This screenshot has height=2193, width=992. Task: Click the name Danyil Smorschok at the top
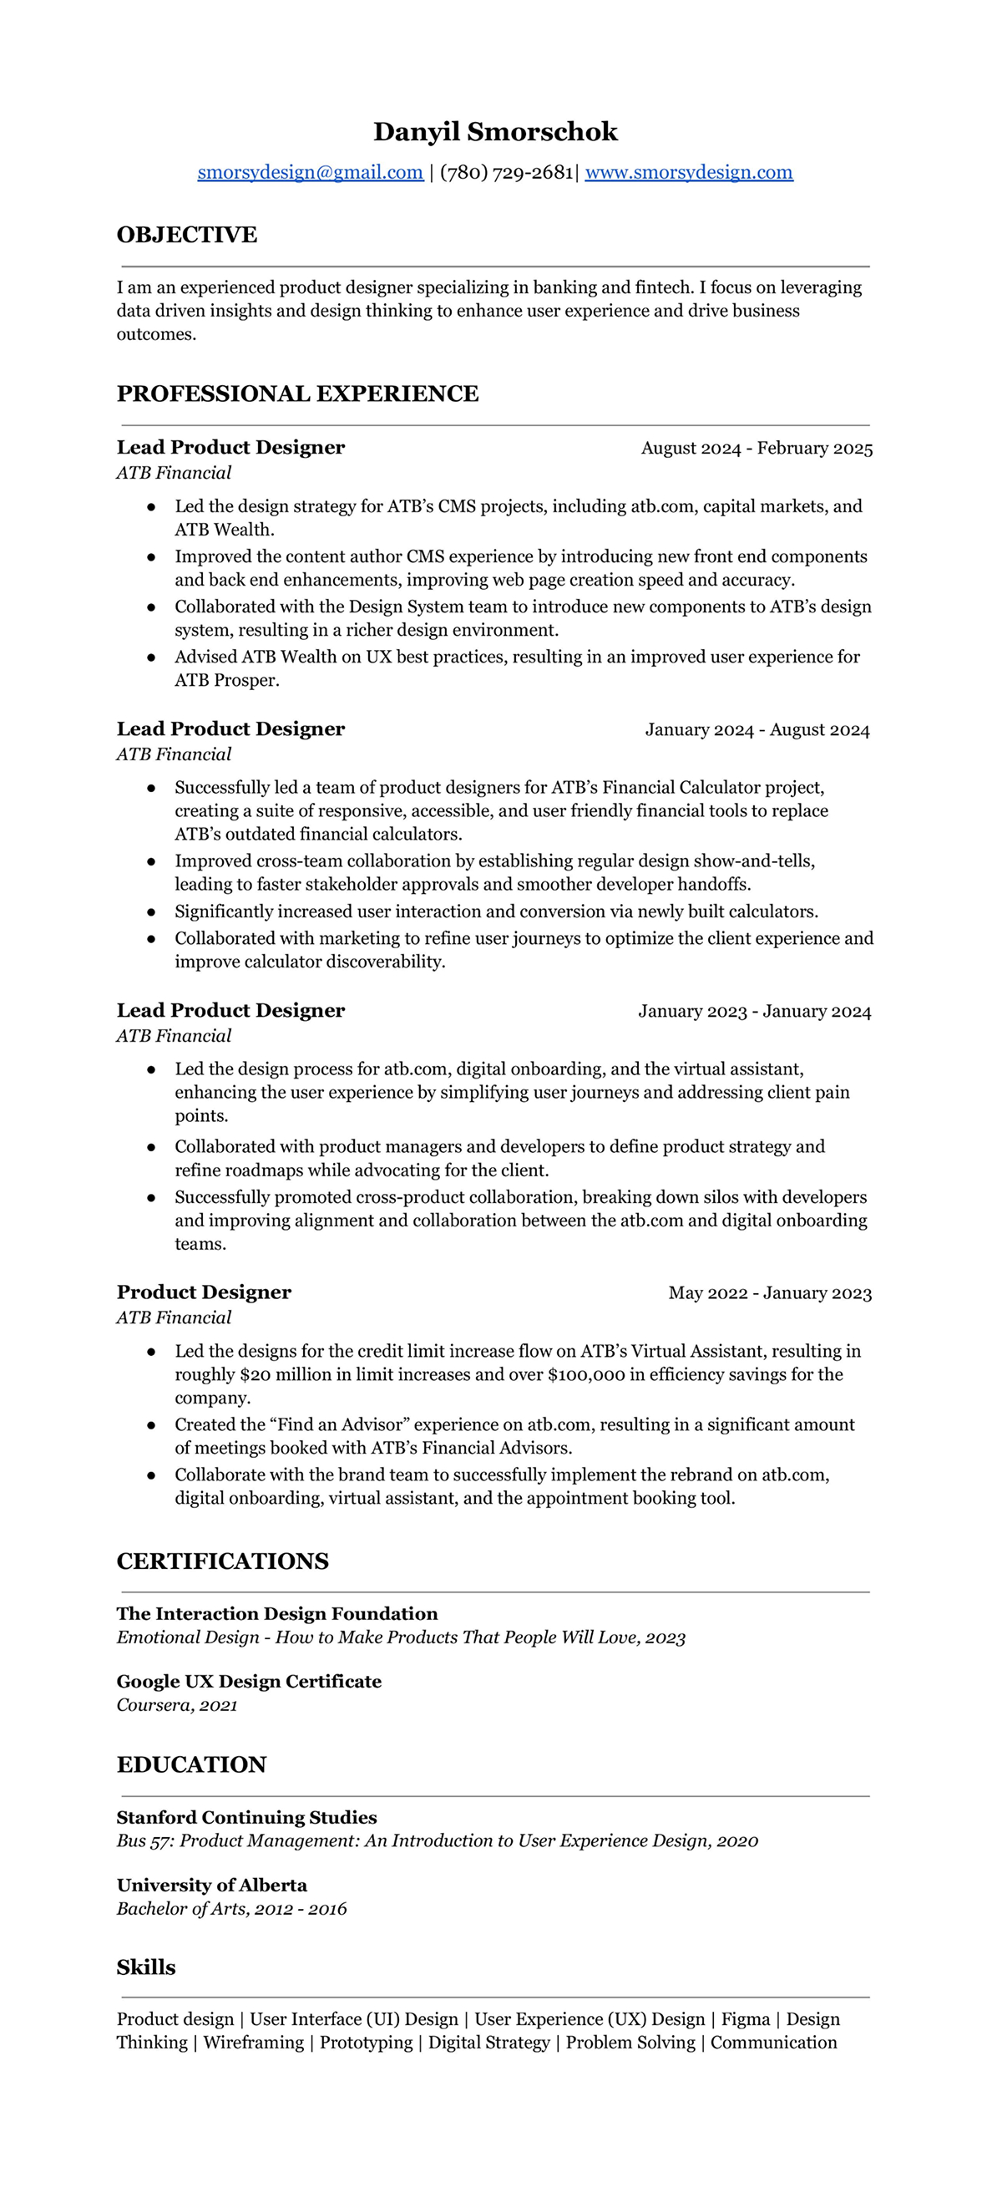(x=495, y=132)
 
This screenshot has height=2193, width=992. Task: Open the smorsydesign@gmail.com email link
(x=310, y=172)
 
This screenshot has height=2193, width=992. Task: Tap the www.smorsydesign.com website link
(x=688, y=172)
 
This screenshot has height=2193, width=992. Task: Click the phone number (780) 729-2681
(x=506, y=172)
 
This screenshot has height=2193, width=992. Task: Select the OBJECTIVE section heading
(x=186, y=235)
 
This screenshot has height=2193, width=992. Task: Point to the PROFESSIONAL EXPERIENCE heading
(x=297, y=393)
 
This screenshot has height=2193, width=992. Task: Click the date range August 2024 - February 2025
(x=757, y=448)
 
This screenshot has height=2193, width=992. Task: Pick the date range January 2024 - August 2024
(x=757, y=729)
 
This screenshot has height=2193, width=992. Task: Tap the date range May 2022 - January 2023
(x=769, y=1293)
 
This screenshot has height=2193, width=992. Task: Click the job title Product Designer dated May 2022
(x=204, y=1292)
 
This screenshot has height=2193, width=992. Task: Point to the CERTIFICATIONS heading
(x=222, y=1561)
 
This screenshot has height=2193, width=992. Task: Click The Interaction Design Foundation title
(x=276, y=1614)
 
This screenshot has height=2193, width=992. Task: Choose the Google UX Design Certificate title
(x=249, y=1682)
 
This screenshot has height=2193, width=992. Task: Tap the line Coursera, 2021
(x=177, y=1705)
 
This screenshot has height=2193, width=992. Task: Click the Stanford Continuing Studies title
(x=245, y=1818)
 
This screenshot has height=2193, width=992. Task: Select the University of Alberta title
(x=211, y=1885)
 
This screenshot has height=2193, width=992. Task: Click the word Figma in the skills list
(x=746, y=2019)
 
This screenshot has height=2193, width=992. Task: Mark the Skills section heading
(x=145, y=1967)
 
